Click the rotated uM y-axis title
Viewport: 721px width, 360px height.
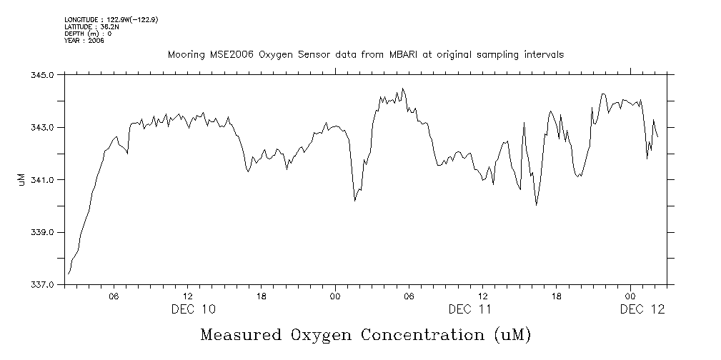tap(21, 180)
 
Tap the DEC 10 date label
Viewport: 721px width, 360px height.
tap(193, 309)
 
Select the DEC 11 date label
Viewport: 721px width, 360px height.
tap(470, 309)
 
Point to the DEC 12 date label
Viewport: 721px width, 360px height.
tap(642, 309)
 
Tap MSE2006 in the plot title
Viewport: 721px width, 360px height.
tap(229, 54)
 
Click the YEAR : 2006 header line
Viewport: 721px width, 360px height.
tap(84, 41)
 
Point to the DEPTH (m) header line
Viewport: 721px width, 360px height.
tap(87, 34)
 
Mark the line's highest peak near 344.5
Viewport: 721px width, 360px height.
tap(403, 89)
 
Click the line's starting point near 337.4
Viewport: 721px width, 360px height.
tap(69, 274)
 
